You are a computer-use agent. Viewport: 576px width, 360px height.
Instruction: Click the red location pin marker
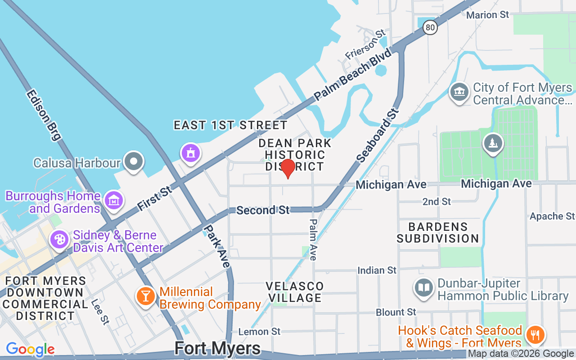288,168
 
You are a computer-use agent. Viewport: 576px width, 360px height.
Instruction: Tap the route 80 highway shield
430,28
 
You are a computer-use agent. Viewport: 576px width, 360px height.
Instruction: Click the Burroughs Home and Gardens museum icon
113,200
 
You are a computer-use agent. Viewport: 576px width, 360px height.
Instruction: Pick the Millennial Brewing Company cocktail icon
145,297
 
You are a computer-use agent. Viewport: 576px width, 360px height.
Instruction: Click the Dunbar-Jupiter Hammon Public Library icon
423,288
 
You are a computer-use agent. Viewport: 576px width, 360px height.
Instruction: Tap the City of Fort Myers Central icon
459,92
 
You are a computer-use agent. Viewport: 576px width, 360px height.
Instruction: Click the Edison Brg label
43,115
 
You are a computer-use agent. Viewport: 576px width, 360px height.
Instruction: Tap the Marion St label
487,15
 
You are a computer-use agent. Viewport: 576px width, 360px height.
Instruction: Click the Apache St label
552,216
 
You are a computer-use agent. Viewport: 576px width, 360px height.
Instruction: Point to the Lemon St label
259,332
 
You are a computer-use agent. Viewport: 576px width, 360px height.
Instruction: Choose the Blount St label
396,312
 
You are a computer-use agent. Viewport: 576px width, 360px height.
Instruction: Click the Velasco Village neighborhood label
295,292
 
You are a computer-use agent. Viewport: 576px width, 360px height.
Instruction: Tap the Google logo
30,349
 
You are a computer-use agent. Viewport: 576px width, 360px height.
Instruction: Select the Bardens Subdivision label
437,232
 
